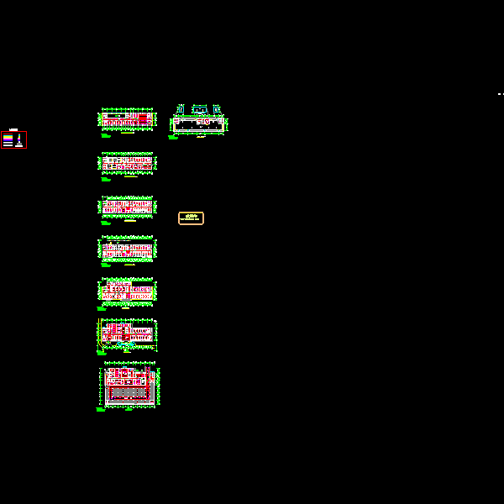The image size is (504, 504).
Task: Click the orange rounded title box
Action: (x=191, y=218)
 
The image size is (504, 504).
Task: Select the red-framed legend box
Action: (x=13, y=140)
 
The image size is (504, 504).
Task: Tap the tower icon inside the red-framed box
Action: (x=19, y=140)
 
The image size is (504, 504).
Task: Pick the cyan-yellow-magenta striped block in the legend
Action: (x=8, y=140)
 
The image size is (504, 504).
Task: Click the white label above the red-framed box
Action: (x=13, y=129)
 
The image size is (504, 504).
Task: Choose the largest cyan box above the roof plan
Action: (x=200, y=108)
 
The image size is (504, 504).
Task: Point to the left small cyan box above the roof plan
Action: (x=181, y=108)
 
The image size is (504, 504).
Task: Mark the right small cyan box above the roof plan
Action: (x=217, y=108)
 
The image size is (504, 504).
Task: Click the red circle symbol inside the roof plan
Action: (x=206, y=122)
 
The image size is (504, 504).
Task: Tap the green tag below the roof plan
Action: (x=173, y=137)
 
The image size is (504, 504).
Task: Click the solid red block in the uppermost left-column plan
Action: (x=143, y=120)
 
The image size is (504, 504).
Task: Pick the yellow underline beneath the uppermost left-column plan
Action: (x=127, y=133)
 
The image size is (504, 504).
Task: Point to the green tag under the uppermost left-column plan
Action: (x=106, y=135)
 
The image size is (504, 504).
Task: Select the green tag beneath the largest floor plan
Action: (x=101, y=410)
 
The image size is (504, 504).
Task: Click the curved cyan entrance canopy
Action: (x=125, y=345)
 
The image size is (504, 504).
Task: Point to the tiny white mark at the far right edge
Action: (x=500, y=94)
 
